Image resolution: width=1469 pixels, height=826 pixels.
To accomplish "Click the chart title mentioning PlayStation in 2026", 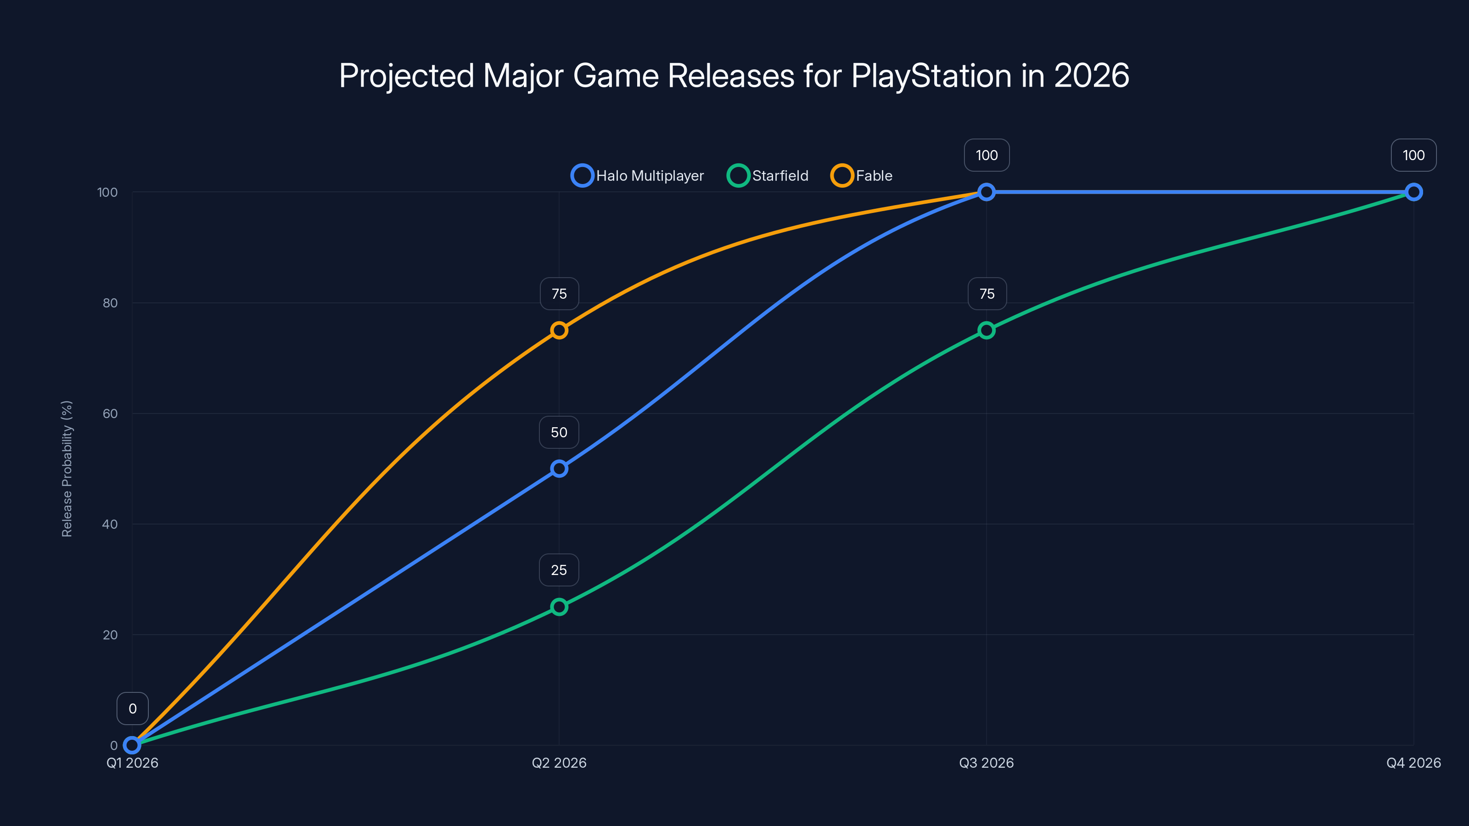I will click(734, 75).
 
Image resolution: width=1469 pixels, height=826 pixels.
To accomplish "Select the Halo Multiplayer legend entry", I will click(638, 176).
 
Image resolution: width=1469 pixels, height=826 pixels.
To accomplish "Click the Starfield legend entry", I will click(768, 176).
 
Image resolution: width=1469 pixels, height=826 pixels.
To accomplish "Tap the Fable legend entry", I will click(862, 176).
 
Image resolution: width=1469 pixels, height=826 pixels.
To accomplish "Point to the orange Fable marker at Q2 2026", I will click(559, 330).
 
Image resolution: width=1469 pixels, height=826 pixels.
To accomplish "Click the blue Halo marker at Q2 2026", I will click(559, 469).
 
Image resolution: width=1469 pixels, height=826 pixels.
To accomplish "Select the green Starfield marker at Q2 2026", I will click(559, 607).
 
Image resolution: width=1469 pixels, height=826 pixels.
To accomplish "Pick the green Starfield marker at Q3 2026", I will click(986, 330).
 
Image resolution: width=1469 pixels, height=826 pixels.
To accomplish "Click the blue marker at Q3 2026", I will click(986, 192).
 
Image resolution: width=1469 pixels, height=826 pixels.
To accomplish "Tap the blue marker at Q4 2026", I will click(1413, 192).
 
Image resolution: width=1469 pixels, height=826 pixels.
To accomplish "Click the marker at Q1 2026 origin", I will click(132, 745).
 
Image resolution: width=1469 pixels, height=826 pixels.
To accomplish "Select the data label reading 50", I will click(559, 432).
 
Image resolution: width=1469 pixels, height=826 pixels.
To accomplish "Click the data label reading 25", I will click(559, 570).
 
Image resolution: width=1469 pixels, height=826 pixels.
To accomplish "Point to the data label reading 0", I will click(132, 709).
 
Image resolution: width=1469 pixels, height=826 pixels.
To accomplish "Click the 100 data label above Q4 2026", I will click(1413, 155).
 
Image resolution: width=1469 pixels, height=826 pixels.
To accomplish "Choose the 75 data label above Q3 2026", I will click(987, 294).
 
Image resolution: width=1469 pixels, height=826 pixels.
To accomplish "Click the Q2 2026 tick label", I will click(559, 763).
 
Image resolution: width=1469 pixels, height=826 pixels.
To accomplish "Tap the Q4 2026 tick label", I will click(1413, 763).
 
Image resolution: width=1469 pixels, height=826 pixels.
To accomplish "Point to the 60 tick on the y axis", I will click(110, 413).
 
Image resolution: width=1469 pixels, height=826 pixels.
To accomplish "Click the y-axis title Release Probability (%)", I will click(67, 469).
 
